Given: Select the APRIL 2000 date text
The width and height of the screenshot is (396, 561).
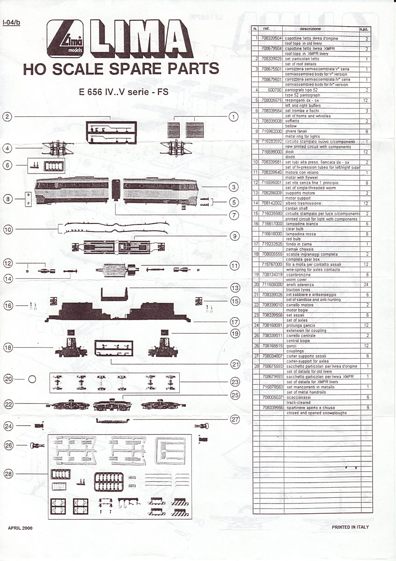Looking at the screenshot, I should point(21,527).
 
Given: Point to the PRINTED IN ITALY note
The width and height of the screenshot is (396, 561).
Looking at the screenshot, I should point(350,527).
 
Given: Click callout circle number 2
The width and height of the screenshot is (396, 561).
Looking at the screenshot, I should point(7,117).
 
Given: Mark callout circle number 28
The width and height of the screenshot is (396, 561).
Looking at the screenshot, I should point(8,474).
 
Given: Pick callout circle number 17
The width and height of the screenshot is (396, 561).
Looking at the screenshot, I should point(235,323).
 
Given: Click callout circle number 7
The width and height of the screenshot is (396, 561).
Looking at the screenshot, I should point(234,217).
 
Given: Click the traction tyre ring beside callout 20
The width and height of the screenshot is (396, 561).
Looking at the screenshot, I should point(32,380).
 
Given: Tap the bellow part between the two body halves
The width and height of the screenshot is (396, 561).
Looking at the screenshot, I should point(116,190).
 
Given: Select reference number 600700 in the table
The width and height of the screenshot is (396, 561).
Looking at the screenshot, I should point(275,89).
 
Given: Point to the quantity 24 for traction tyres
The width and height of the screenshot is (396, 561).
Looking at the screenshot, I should point(367,284).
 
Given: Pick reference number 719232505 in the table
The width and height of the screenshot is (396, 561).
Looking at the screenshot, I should point(272,244).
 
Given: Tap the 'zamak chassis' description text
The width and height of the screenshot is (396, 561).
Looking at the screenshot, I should point(299,249).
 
